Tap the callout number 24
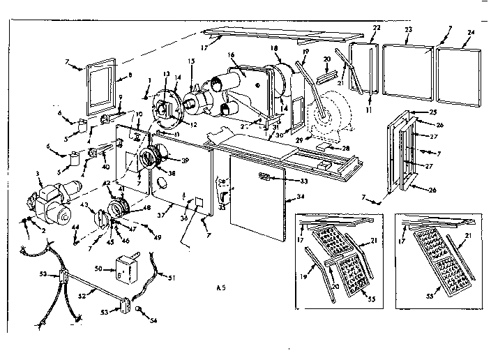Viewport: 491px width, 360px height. [x=471, y=32]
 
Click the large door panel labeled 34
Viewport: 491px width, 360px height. [x=258, y=202]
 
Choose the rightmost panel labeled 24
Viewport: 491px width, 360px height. [x=458, y=68]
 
